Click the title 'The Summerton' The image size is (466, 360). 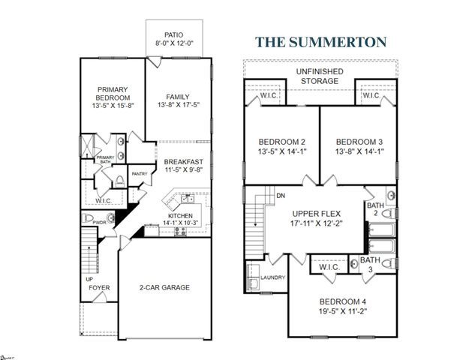[x=321, y=40]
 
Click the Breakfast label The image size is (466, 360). [x=184, y=162]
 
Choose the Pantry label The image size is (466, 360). [x=140, y=174]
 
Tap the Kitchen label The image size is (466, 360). [x=180, y=215]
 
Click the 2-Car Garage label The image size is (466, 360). [x=164, y=287]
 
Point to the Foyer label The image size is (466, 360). [x=98, y=287]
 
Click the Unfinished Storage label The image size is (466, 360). [x=323, y=75]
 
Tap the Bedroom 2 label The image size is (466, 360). [x=281, y=142]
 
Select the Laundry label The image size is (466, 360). [x=272, y=277]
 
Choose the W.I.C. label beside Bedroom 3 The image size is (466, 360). [x=370, y=96]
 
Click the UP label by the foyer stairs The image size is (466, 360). [x=89, y=278]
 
